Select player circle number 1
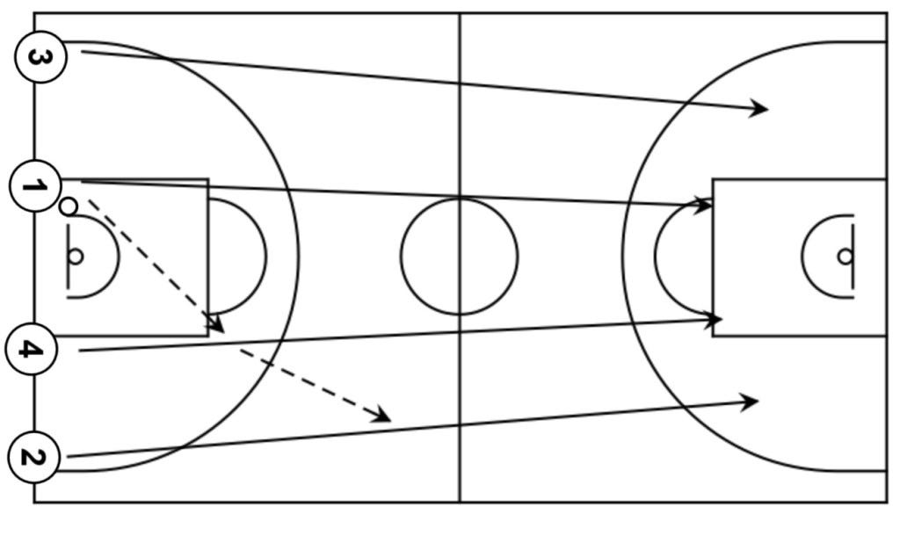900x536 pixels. [x=35, y=186]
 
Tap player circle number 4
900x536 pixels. [x=32, y=350]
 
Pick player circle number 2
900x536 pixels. [x=33, y=457]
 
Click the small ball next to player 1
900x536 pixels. [x=68, y=207]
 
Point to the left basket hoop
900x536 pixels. [x=76, y=257]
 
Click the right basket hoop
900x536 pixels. [x=845, y=257]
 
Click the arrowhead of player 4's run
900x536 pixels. [x=715, y=321]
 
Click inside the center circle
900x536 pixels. [x=459, y=257]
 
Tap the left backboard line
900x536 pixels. [x=68, y=257]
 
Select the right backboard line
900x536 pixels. [x=853, y=257]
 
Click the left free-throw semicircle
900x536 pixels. [x=265, y=257]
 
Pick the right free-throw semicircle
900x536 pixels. [x=656, y=257]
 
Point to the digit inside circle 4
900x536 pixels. [x=32, y=350]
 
